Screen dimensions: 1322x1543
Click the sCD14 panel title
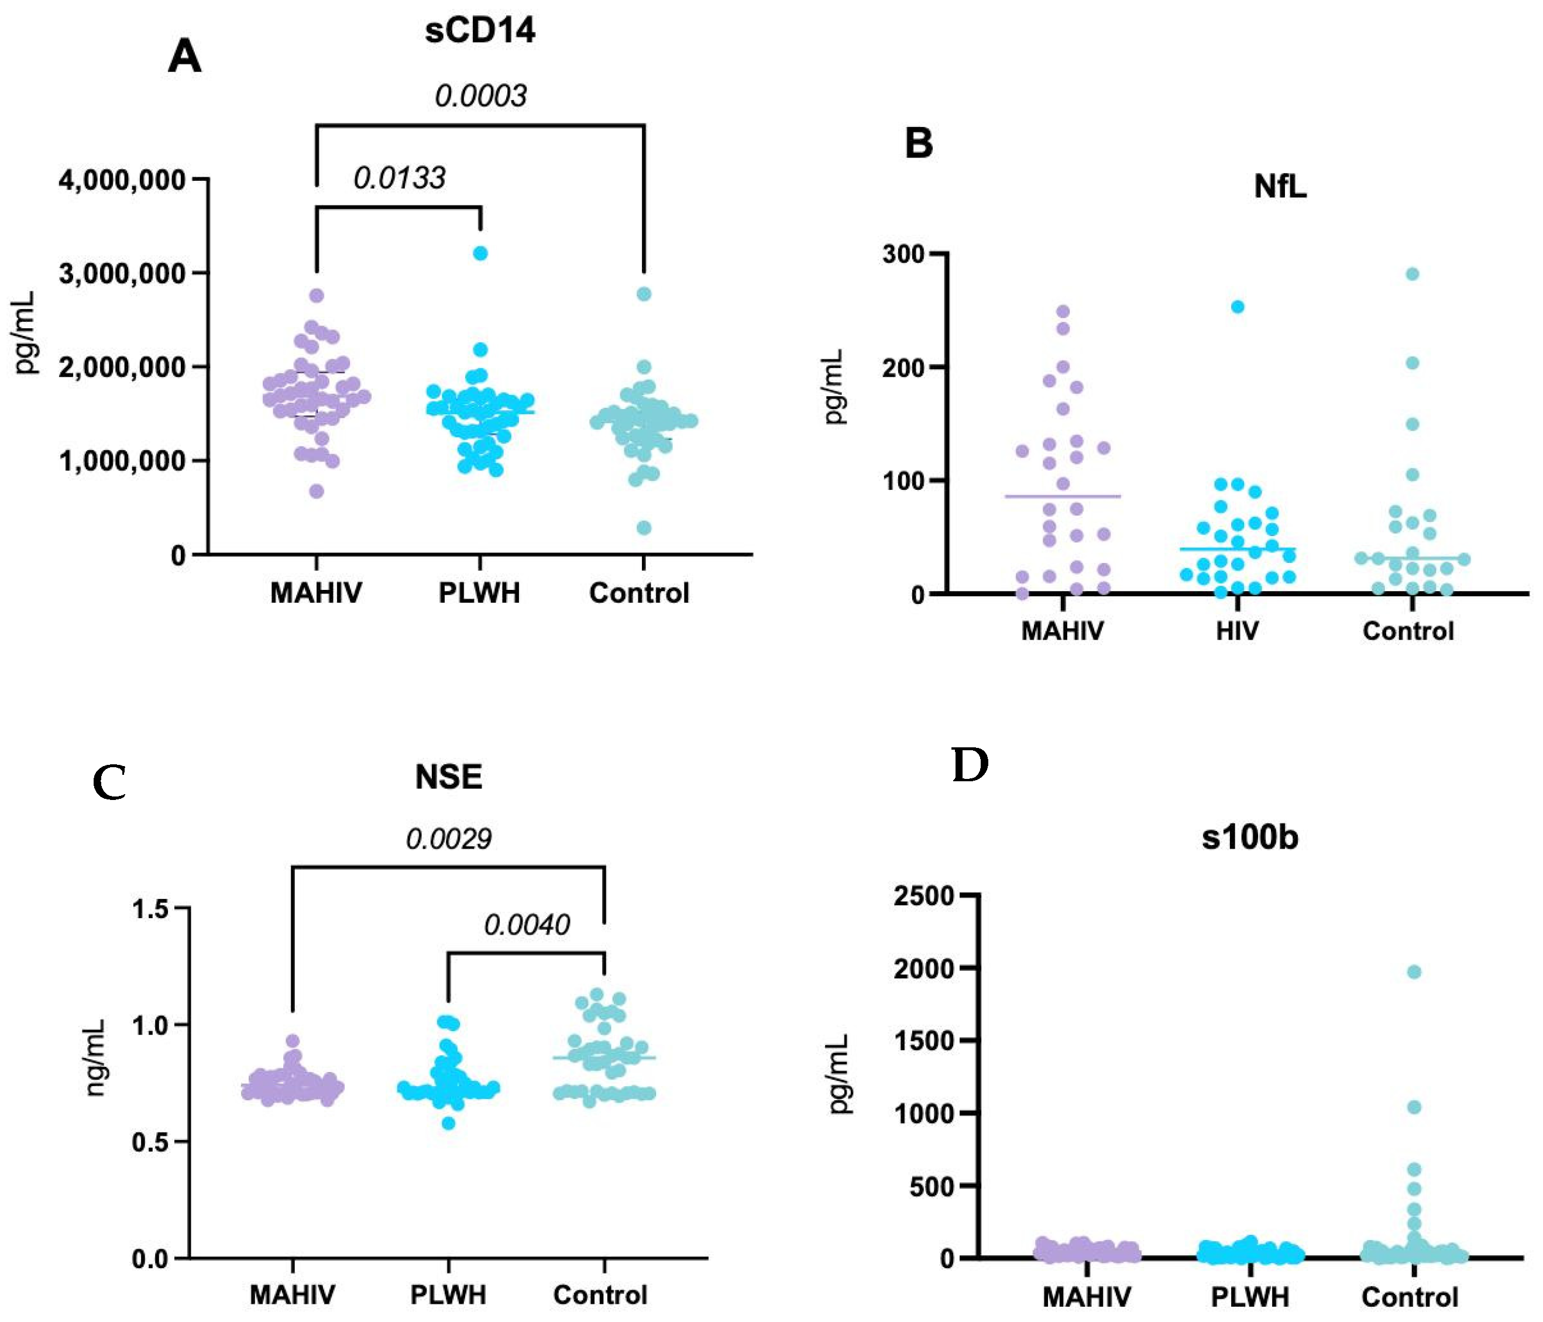pyautogui.click(x=480, y=30)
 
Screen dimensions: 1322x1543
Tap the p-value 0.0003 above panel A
pyautogui.click(x=480, y=96)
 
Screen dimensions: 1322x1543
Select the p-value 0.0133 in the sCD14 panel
pyautogui.click(x=399, y=178)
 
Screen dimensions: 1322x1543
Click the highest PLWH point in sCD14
pyautogui.click(x=480, y=253)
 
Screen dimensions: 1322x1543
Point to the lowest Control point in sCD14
pyautogui.click(x=644, y=528)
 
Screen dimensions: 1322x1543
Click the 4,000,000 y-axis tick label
pyautogui.click(x=122, y=180)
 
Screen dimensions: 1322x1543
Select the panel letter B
pyautogui.click(x=918, y=143)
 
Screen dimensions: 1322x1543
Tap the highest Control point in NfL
pyautogui.click(x=1412, y=274)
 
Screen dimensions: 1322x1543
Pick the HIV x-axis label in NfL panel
pyautogui.click(x=1237, y=631)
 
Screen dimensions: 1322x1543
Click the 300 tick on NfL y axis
pyautogui.click(x=903, y=254)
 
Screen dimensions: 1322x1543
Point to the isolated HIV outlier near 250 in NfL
pyautogui.click(x=1237, y=307)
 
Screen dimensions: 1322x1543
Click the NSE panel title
pyautogui.click(x=448, y=777)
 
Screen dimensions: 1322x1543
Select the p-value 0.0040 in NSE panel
pyautogui.click(x=527, y=925)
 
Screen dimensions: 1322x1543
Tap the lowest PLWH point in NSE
pyautogui.click(x=448, y=1122)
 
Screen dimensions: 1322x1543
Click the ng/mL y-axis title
pyautogui.click(x=96, y=1057)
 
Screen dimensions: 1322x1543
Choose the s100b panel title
pyautogui.click(x=1250, y=837)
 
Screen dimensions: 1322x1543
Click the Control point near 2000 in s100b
pyautogui.click(x=1414, y=972)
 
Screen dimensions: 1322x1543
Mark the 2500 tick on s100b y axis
pyautogui.click(x=923, y=895)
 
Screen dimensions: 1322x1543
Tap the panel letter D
pyautogui.click(x=970, y=765)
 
